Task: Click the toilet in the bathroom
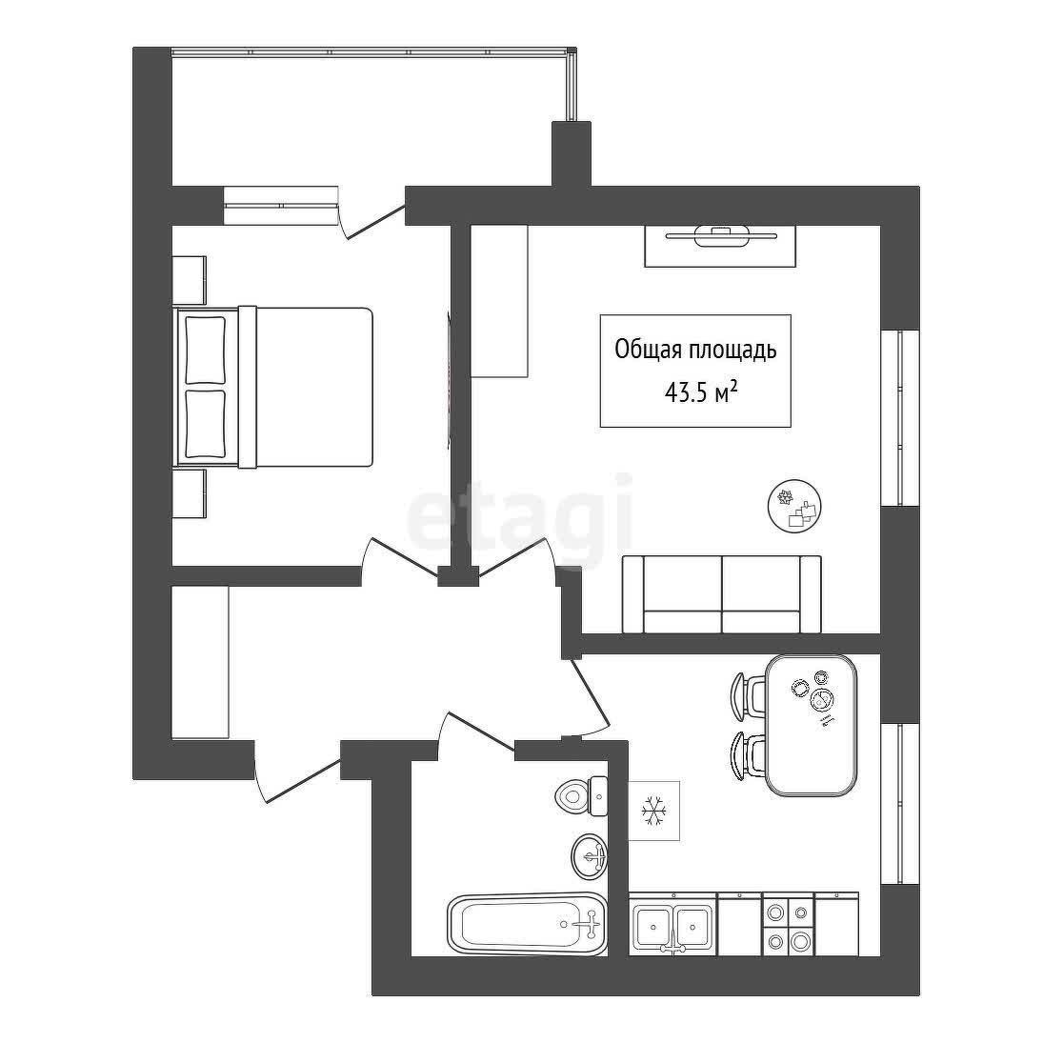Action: [582, 795]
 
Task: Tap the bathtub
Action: [528, 925]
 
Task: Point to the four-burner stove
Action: [789, 925]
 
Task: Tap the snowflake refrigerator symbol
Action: [653, 811]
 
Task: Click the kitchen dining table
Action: [811, 725]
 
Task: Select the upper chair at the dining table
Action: [749, 695]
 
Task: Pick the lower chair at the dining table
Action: [749, 754]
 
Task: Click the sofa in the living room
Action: [722, 594]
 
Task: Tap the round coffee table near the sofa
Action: [794, 505]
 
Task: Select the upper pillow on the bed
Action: [206, 350]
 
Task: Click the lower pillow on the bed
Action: [206, 424]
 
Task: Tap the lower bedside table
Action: [190, 493]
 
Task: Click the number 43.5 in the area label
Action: [687, 393]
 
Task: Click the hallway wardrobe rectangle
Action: [200, 663]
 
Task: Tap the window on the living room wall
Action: [900, 417]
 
